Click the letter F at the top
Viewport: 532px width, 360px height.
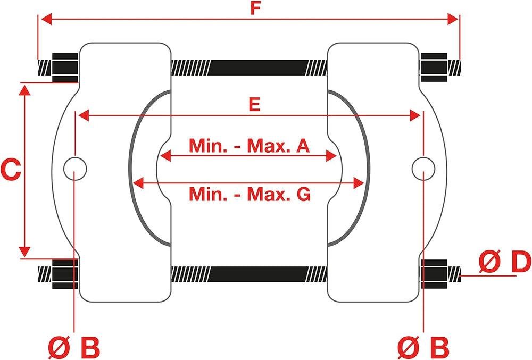[255, 8]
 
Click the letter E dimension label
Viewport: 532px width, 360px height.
[254, 104]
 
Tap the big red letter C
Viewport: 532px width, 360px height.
[11, 170]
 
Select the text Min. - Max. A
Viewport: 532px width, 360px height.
[249, 146]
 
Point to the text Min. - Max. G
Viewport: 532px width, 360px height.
[250, 194]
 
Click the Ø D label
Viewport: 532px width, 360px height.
[504, 261]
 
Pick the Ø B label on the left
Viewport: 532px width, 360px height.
[74, 347]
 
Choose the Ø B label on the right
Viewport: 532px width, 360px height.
[423, 347]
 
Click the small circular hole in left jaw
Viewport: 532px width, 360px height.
[75, 169]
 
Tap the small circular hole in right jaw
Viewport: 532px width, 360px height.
[423, 169]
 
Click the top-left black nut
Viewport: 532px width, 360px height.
[65, 68]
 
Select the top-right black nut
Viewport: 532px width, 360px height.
[434, 67]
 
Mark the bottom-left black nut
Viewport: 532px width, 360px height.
[65, 274]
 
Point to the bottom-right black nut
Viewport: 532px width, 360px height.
[434, 274]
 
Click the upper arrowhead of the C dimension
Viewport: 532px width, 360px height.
[24, 90]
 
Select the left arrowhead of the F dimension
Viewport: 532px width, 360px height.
[46, 19]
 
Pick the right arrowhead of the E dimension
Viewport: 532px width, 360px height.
[415, 115]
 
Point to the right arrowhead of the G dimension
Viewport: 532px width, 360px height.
[359, 183]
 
